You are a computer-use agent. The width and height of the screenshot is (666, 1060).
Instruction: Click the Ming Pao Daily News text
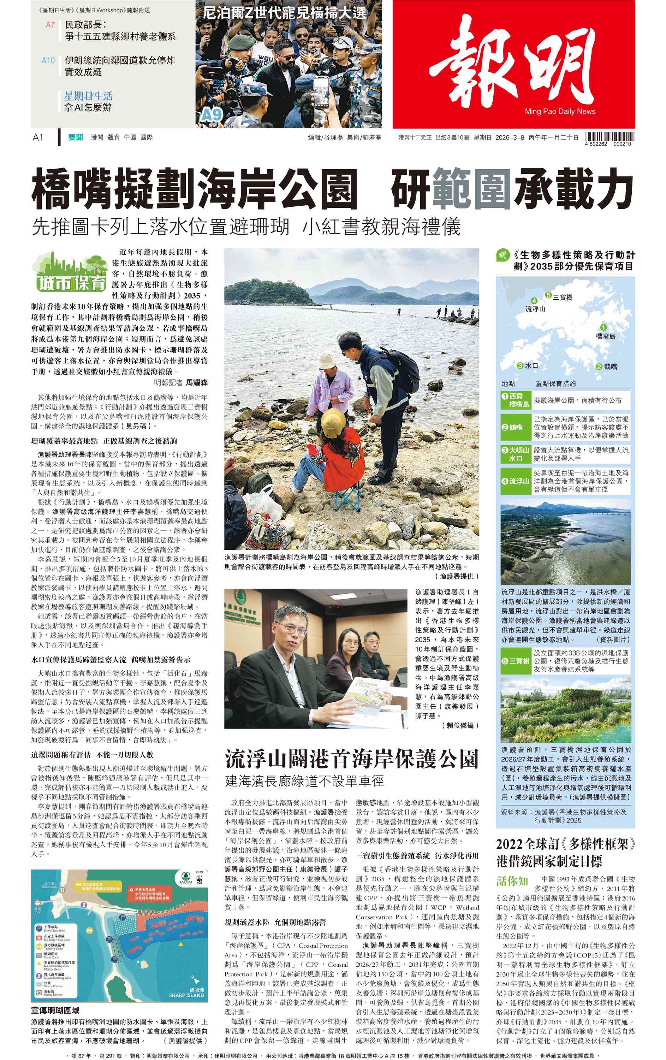[560, 111]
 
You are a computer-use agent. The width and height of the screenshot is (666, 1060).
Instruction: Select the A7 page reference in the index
[50, 25]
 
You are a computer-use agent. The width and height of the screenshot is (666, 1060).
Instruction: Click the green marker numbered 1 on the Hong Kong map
[603, 327]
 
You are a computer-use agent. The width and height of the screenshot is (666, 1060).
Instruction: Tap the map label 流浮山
[535, 309]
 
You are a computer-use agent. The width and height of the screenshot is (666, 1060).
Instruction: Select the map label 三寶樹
[563, 297]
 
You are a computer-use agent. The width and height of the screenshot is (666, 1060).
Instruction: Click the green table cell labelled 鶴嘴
[515, 427]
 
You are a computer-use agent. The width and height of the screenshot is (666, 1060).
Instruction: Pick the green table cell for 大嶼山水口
[515, 454]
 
